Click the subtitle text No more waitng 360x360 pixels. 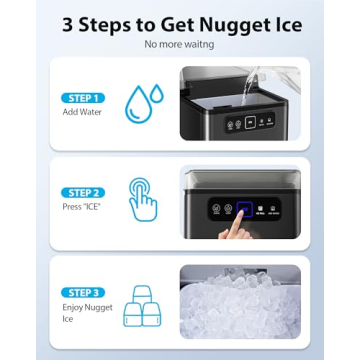click(179, 46)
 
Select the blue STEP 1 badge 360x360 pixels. click(82, 98)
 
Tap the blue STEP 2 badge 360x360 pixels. click(82, 191)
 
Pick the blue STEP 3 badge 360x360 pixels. click(82, 292)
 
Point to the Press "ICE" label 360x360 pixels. click(79, 206)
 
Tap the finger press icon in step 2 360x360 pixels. click(142, 199)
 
